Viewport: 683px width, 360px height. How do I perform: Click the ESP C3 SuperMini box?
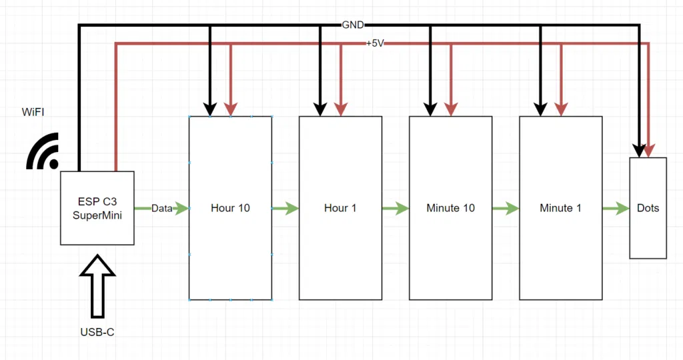(97, 208)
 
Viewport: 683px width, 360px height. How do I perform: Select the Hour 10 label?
(230, 208)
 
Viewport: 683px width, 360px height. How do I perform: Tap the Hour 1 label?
(340, 208)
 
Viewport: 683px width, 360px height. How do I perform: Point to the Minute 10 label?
(450, 208)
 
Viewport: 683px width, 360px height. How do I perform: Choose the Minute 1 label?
(560, 208)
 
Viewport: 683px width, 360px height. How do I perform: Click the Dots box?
(648, 208)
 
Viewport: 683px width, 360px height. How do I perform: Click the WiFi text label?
(34, 112)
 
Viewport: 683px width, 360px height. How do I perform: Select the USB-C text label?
(97, 331)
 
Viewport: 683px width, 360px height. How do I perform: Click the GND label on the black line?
(353, 25)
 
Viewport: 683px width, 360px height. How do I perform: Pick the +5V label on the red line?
(376, 43)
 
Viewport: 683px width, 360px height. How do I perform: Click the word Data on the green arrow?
(162, 208)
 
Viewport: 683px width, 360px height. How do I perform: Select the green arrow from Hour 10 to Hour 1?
(285, 209)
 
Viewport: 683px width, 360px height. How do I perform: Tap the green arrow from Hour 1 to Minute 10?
(395, 209)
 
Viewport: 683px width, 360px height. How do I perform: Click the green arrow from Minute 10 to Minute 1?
(505, 209)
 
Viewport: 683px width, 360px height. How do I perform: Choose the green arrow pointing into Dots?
(616, 209)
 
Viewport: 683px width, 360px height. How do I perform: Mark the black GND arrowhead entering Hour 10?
(210, 108)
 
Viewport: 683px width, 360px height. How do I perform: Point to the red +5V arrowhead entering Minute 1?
(562, 108)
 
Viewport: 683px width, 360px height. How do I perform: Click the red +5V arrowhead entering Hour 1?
(341, 108)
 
